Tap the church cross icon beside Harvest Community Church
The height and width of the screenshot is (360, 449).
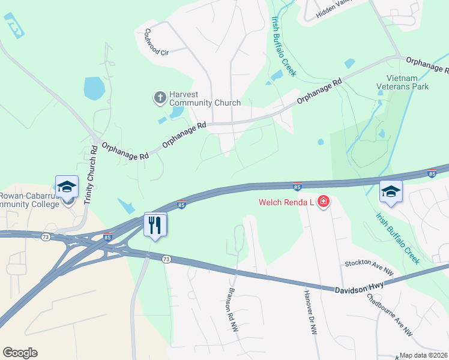click(160, 97)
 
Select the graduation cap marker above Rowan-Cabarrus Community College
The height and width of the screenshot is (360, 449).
click(67, 187)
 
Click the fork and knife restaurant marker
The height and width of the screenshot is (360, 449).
click(155, 225)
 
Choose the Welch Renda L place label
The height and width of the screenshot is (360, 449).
click(287, 202)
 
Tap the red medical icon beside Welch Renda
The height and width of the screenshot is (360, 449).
click(324, 202)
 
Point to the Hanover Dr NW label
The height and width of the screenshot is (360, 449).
click(310, 312)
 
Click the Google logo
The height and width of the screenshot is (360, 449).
click(20, 353)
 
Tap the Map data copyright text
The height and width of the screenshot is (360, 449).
click(424, 355)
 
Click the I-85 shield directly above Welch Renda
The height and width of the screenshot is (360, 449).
click(297, 187)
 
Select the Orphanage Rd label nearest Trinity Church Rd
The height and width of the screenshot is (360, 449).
click(125, 151)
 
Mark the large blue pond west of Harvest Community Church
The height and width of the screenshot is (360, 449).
click(94, 88)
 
